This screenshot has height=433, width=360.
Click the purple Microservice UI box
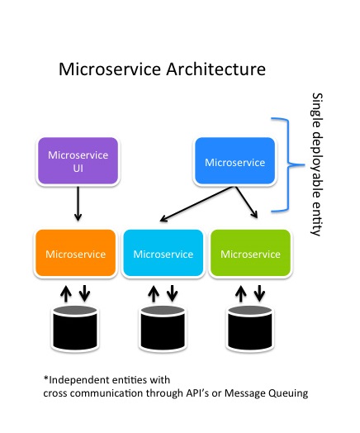78,160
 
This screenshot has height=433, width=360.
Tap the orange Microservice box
76,253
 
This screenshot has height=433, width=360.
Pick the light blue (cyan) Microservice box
163,253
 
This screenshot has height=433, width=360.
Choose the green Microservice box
250,253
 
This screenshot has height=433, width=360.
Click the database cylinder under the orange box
75,327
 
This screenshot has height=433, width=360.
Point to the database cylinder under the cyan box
163,327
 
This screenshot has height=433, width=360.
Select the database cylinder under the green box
250,327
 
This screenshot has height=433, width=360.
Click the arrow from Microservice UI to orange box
78,204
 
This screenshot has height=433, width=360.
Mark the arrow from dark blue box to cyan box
197,204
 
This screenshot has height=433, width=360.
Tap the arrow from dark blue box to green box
247,202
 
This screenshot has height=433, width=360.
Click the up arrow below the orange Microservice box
66,293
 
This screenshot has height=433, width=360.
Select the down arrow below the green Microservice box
259,293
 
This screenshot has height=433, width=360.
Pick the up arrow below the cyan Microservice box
154,293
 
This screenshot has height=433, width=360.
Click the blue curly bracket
288,165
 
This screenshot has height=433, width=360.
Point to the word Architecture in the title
216,69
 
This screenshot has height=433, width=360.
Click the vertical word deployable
317,164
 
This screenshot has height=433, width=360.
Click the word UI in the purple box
78,169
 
